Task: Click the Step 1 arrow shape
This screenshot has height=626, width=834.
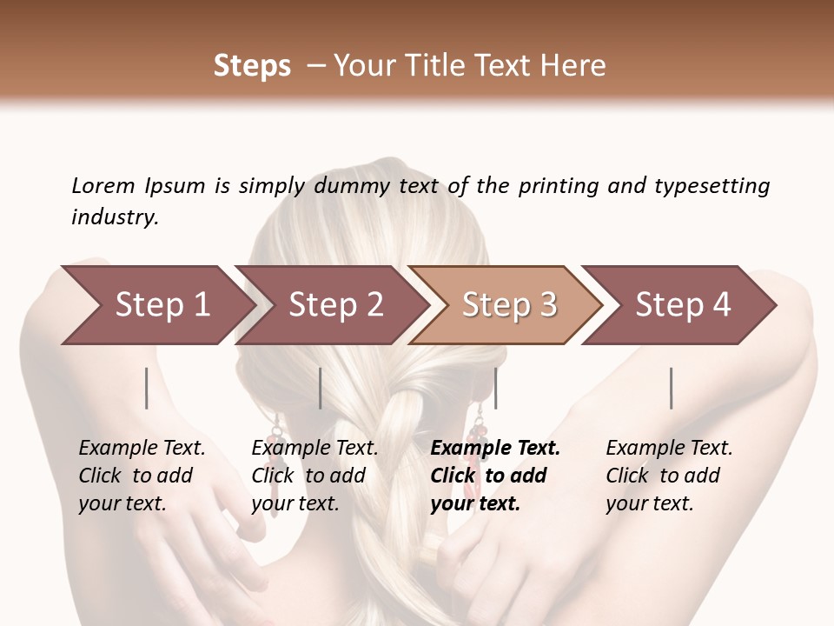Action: click(x=156, y=305)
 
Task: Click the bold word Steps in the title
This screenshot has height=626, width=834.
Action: click(x=252, y=66)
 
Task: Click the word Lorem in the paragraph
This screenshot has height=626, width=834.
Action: click(x=103, y=186)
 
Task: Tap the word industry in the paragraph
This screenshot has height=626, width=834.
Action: click(x=114, y=217)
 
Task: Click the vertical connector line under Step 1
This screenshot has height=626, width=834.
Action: click(x=147, y=388)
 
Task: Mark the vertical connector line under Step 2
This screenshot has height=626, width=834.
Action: click(x=321, y=388)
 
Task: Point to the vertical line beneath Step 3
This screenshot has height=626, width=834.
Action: click(x=495, y=388)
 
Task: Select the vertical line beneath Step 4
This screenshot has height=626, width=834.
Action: click(x=672, y=388)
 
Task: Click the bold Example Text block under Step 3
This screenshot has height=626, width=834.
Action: click(x=495, y=476)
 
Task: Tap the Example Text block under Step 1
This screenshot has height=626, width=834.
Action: click(x=142, y=476)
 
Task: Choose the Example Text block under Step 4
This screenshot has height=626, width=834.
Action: click(x=669, y=476)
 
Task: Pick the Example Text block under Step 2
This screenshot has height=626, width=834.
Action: click(x=314, y=476)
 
